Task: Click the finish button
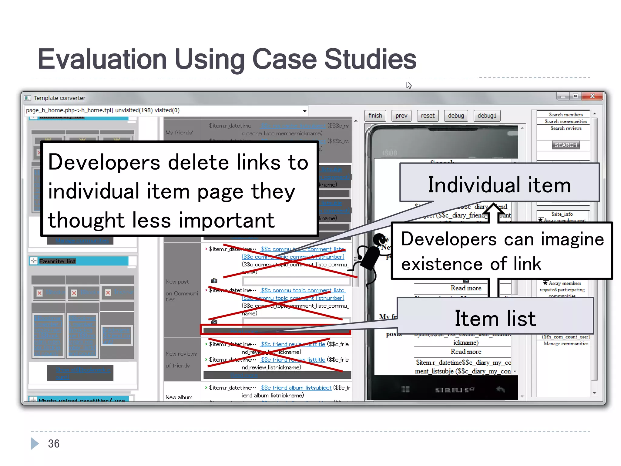[375, 116]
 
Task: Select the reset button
[428, 116]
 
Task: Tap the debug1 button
[487, 116]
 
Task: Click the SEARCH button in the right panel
[566, 145]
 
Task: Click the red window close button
[592, 96]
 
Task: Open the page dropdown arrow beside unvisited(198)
[304, 111]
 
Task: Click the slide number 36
[54, 444]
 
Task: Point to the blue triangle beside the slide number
[35, 444]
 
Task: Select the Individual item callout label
[499, 185]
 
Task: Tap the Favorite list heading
[57, 261]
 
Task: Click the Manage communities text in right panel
[566, 343]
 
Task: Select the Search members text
[566, 115]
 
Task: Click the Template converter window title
[59, 98]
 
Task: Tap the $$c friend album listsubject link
[296, 388]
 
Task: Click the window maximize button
[575, 96]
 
